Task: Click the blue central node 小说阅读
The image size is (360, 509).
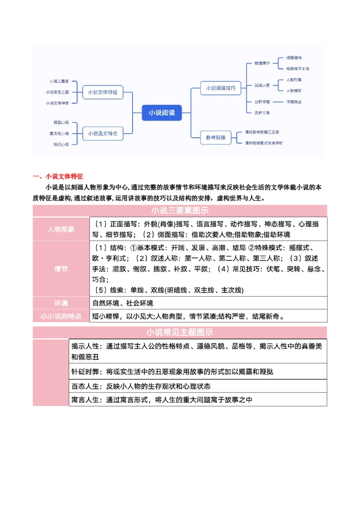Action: (162, 113)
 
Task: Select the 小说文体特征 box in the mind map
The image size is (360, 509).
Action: (103, 92)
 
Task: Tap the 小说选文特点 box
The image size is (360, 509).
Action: (103, 133)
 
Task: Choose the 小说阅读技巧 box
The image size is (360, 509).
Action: (220, 88)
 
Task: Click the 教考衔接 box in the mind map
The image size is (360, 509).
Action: (216, 137)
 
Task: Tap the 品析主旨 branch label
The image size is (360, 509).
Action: (262, 112)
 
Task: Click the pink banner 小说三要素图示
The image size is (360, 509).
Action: (180, 210)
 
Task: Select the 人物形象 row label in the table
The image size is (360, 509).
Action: (61, 229)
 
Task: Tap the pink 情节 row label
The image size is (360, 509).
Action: (61, 269)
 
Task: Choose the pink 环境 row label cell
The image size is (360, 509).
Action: (61, 303)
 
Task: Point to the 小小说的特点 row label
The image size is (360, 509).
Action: (61, 316)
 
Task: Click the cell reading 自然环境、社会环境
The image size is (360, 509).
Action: (123, 303)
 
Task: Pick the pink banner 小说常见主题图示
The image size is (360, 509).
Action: (180, 333)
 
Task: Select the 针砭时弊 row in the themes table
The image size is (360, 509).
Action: (172, 372)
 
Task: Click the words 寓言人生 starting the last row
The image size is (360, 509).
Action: (85, 400)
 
